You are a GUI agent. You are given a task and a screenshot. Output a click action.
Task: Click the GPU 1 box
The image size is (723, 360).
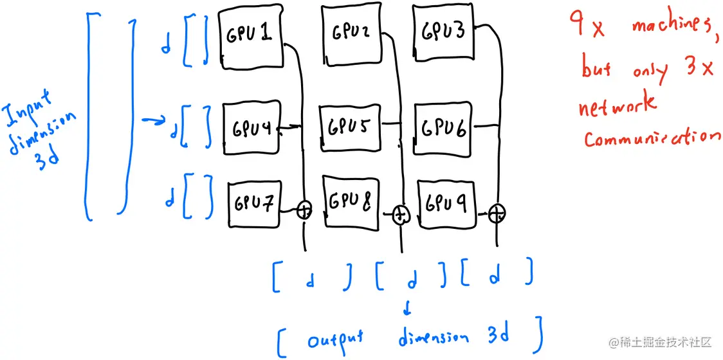click(x=251, y=37)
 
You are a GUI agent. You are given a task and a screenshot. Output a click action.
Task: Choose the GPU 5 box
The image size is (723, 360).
click(x=351, y=128)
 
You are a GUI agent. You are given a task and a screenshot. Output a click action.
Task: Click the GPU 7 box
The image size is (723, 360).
click(x=255, y=204)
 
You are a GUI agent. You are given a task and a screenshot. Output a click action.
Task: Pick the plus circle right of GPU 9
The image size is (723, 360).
click(x=497, y=212)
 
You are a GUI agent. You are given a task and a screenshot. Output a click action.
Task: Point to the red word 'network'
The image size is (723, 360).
click(x=618, y=105)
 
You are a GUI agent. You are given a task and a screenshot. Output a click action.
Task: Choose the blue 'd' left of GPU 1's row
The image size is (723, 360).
click(x=166, y=46)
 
